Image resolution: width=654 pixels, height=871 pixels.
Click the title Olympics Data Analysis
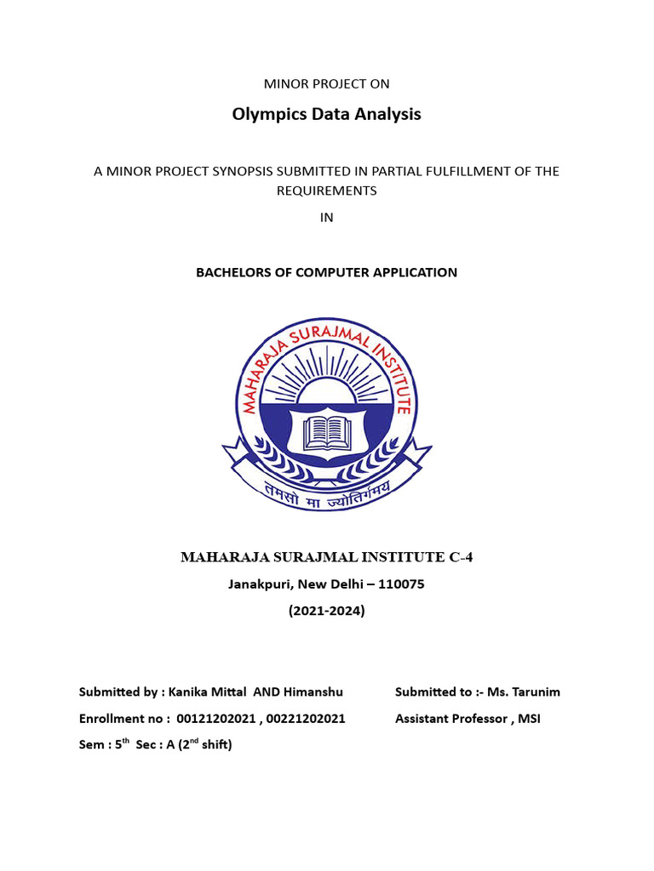point(326,114)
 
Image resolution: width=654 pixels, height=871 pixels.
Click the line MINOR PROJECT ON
point(327,83)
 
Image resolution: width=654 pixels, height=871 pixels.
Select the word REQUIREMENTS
point(326,191)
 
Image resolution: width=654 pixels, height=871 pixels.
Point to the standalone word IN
point(326,217)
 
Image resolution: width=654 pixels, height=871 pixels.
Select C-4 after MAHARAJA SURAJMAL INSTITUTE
point(459,558)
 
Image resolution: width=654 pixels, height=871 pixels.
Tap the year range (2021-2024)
point(327,610)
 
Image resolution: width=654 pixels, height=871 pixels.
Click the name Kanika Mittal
point(208,692)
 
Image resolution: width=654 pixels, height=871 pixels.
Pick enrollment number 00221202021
point(306,719)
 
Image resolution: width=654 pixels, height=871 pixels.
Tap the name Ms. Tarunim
point(524,692)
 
